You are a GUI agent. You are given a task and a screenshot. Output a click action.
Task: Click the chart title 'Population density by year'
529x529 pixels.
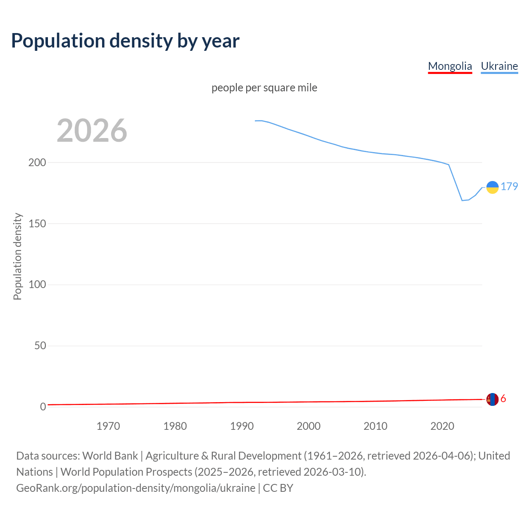125,41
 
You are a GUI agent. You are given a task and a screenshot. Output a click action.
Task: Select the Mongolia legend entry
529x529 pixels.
450,66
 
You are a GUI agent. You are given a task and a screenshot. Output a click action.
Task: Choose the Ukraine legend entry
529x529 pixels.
499,66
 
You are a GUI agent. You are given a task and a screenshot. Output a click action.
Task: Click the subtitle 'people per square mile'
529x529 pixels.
264,88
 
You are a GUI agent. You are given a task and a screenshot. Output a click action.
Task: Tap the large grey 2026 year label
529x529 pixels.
92,131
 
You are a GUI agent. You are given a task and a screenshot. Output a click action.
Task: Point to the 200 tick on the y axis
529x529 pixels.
37,162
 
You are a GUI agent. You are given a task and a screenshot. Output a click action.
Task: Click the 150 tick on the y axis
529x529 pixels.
37,224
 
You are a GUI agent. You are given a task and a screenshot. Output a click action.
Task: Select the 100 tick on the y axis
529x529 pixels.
37,285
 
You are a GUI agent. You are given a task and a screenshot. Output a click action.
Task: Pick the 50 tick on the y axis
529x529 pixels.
40,346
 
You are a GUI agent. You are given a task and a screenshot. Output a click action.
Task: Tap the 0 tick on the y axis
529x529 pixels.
43,407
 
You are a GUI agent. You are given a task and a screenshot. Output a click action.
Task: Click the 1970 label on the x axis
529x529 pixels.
108,426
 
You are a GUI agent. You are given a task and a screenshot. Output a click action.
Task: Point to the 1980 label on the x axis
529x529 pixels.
175,426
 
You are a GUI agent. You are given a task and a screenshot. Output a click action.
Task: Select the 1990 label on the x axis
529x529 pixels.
242,426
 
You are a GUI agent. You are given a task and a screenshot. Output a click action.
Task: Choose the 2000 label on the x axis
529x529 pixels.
309,426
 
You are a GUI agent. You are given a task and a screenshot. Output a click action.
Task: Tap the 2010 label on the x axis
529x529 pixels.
375,426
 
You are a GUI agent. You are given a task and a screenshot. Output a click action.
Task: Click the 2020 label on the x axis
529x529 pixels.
442,426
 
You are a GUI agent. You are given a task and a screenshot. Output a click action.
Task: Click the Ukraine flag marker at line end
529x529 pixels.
492,187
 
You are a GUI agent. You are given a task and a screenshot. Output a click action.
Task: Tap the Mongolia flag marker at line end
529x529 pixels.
492,399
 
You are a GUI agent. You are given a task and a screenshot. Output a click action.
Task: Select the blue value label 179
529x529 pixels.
509,187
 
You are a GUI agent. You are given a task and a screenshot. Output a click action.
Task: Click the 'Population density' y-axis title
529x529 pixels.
17,256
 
